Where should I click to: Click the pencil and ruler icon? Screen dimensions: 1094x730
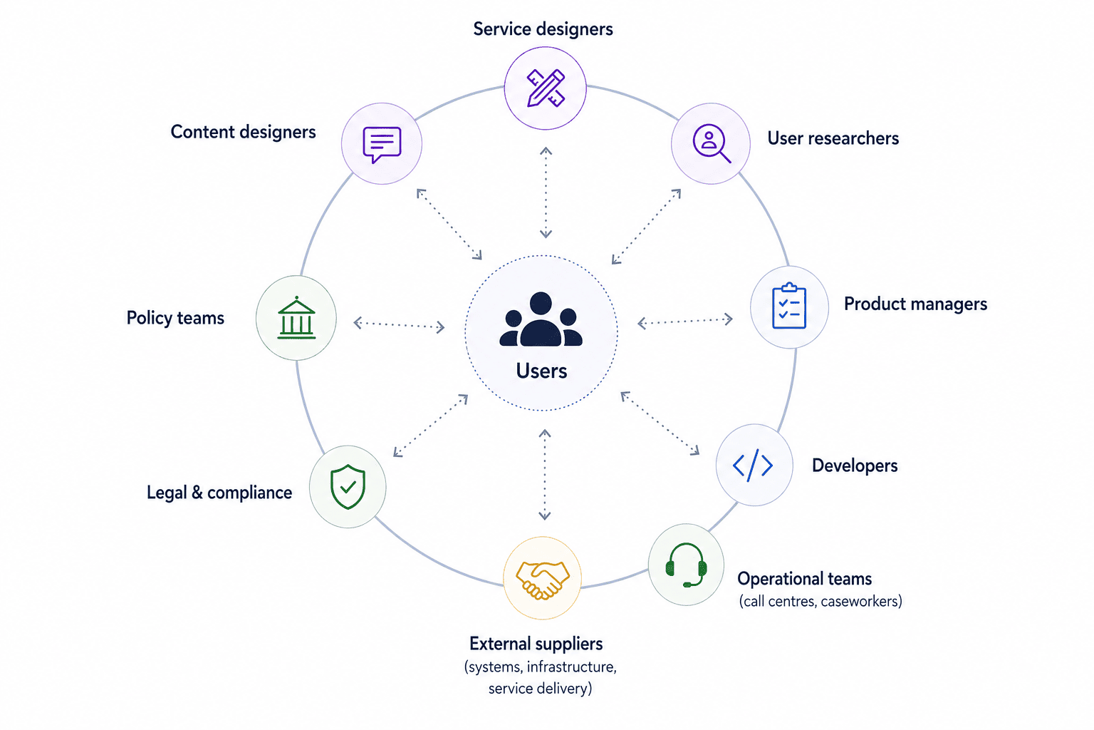(x=546, y=88)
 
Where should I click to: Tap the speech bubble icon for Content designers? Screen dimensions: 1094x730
(x=382, y=145)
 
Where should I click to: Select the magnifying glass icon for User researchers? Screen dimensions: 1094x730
(x=712, y=143)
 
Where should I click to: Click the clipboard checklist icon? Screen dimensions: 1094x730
(x=789, y=307)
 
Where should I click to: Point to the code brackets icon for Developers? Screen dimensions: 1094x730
(x=753, y=465)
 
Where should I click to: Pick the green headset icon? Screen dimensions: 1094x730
(x=686, y=565)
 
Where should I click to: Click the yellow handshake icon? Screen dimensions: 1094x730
(x=543, y=580)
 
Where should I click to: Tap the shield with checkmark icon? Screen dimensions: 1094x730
(x=348, y=487)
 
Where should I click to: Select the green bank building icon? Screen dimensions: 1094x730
(x=296, y=318)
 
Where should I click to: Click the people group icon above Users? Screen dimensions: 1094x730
(x=541, y=319)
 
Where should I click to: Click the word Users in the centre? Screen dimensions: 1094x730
(x=541, y=371)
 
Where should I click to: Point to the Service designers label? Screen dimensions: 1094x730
(x=543, y=29)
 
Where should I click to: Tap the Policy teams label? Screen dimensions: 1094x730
(x=175, y=318)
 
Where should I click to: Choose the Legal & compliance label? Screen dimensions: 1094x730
(x=219, y=493)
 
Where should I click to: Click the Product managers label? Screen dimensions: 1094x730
(x=916, y=304)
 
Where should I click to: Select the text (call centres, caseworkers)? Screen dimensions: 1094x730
(x=820, y=602)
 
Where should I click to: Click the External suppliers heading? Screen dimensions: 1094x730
(x=536, y=644)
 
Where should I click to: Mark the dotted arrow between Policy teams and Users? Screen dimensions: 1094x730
(x=399, y=325)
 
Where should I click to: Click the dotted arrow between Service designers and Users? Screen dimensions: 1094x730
(x=546, y=192)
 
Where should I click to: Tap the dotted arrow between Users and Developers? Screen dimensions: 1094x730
(x=660, y=423)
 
